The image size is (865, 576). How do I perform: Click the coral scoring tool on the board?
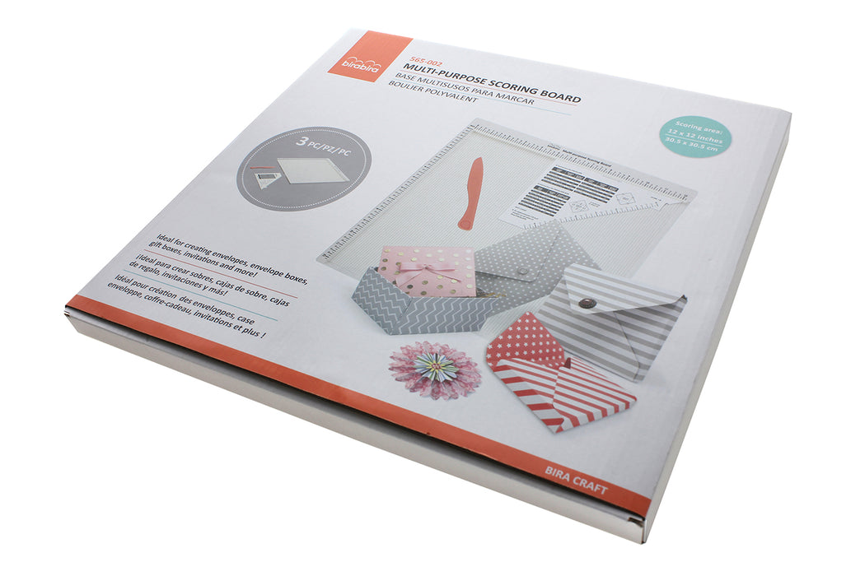(471, 194)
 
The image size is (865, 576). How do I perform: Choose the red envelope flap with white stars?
(528, 340)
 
